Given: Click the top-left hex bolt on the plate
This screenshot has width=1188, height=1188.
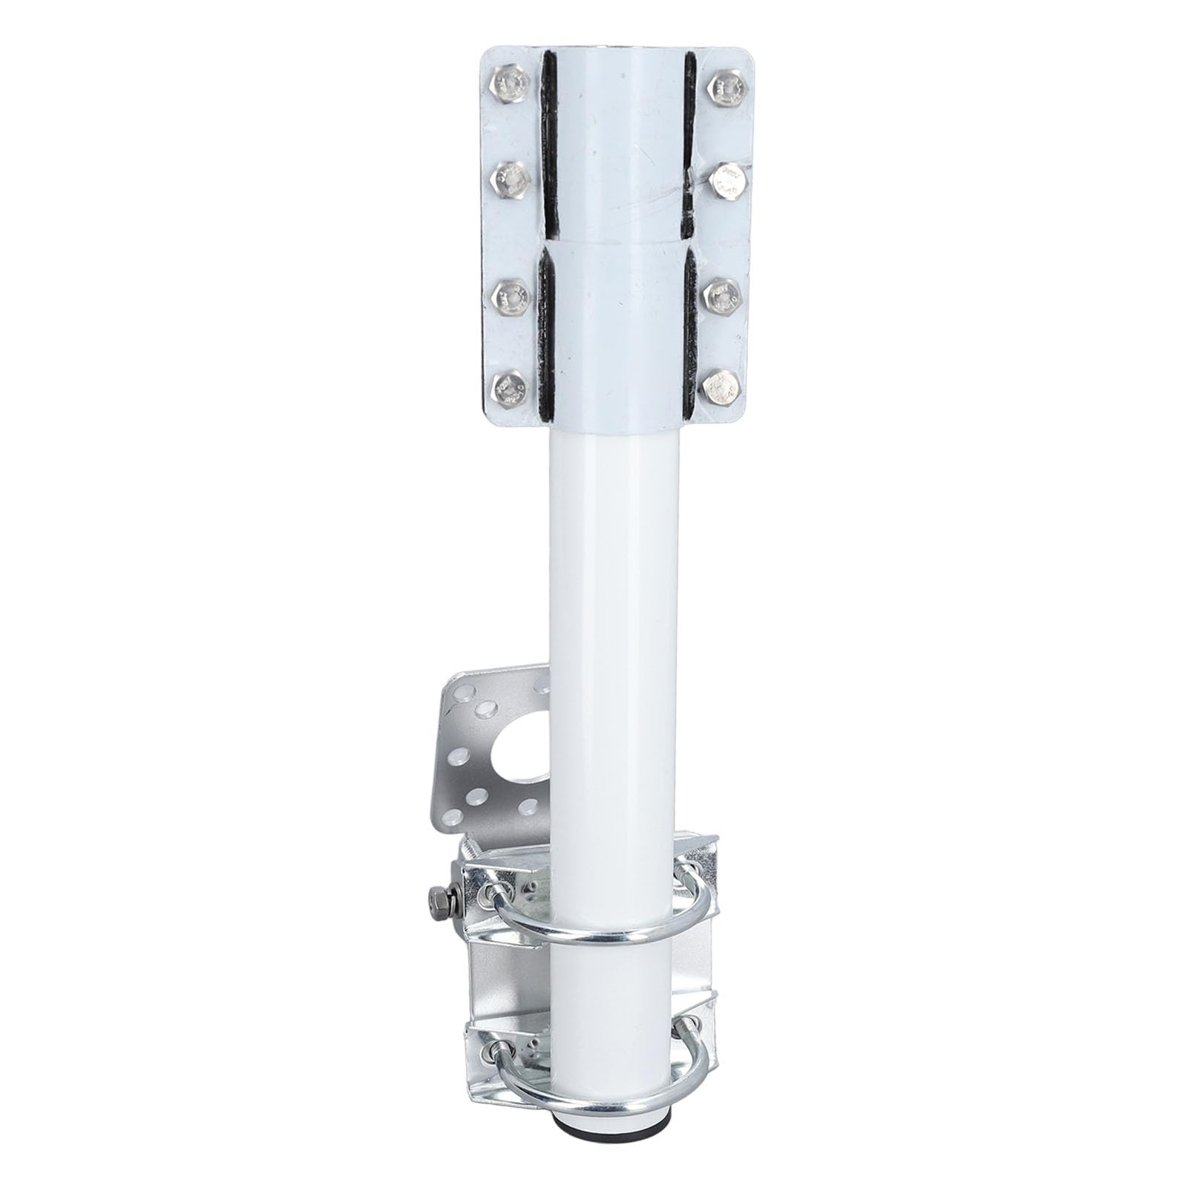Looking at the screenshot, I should [511, 83].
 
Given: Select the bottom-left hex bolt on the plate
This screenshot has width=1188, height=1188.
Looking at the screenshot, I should [511, 388].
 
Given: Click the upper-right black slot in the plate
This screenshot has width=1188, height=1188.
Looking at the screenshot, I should [690, 134].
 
